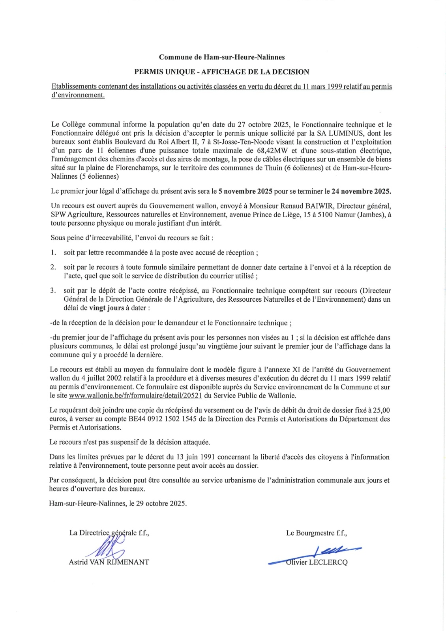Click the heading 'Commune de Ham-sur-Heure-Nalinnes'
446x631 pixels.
click(222, 57)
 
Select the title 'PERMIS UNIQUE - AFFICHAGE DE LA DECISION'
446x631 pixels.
click(222, 72)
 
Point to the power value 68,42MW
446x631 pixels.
click(272, 151)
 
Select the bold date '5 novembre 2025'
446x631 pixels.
click(245, 192)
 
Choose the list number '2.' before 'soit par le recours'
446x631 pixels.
click(53, 267)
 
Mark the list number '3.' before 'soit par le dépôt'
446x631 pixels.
click(53, 291)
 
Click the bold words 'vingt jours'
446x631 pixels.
click(107, 308)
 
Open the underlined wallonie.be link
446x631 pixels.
click(135, 396)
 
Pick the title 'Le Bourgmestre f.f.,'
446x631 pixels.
click(317, 533)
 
